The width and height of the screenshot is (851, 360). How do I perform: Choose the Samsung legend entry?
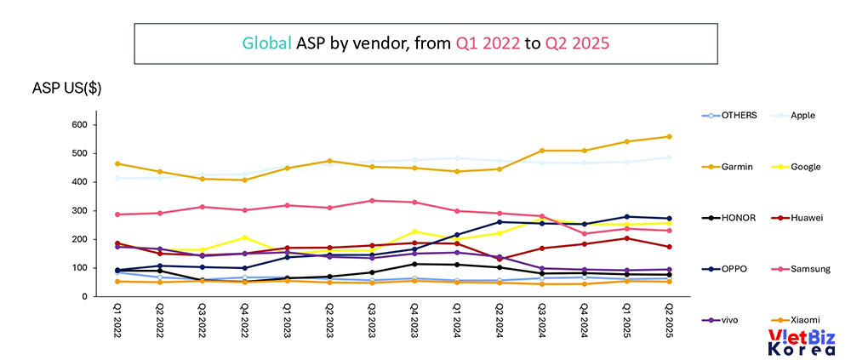click(810, 269)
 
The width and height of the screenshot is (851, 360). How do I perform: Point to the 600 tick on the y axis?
click(79, 125)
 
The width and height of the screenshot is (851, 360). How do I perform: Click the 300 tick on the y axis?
click(79, 211)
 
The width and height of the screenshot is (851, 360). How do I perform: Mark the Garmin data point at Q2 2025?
click(669, 136)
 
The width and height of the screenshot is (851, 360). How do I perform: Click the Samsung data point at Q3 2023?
click(372, 201)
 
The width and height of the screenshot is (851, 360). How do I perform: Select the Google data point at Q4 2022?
click(244, 237)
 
